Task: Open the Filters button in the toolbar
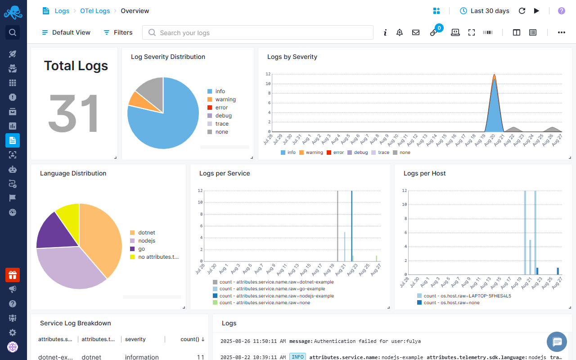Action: pos(118,32)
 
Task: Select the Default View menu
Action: pos(66,32)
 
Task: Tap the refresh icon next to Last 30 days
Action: pos(522,11)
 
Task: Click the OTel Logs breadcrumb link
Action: pos(95,11)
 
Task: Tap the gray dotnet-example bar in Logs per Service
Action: pos(337,225)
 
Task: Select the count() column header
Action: pos(189,339)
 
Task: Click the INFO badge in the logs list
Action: pos(297,357)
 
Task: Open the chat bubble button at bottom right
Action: pos(557,342)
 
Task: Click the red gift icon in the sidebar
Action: pos(13,275)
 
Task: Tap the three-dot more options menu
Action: pos(561,32)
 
